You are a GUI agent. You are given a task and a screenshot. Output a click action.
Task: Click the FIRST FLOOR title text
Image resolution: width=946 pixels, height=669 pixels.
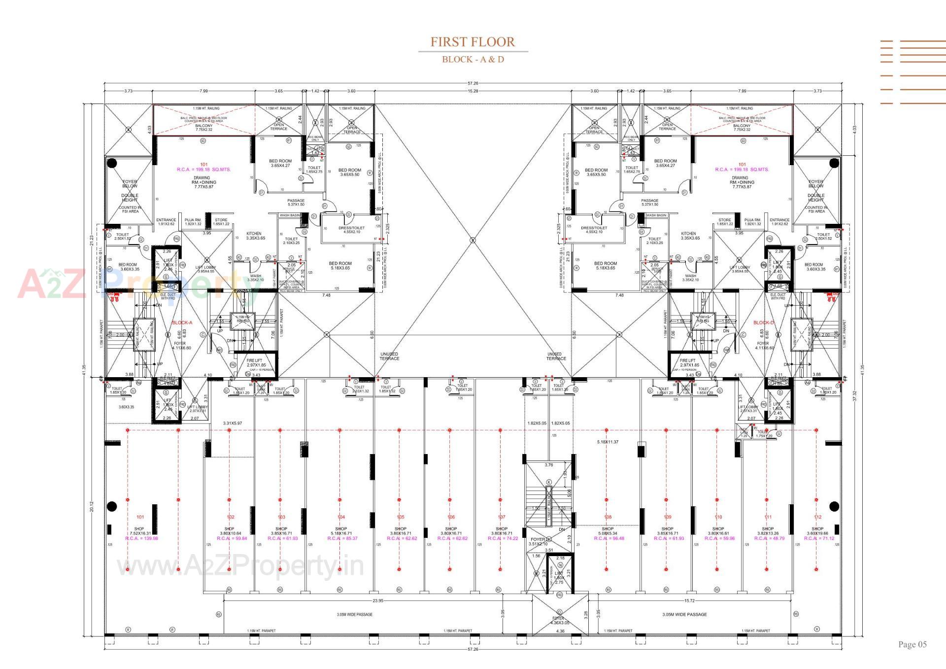coord(473,42)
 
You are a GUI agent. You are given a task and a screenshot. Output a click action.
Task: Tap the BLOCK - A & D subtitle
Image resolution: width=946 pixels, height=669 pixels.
coord(473,60)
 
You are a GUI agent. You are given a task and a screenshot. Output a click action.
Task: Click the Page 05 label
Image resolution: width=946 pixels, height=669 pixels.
coord(912,644)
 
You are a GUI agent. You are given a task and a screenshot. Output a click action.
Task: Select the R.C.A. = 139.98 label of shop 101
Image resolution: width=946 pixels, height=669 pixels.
coord(141,538)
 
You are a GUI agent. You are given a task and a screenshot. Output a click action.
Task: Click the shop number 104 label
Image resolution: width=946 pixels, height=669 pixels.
coord(341,517)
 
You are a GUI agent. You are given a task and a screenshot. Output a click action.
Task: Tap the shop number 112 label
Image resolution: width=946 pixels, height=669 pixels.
coord(818,517)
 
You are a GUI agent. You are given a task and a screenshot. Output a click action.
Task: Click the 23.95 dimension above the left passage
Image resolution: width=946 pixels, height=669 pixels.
coord(378,600)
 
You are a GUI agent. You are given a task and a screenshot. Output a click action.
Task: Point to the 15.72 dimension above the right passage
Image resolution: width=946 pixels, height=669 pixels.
coord(689,600)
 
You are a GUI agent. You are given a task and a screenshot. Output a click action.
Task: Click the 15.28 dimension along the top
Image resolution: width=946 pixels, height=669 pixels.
coord(473,91)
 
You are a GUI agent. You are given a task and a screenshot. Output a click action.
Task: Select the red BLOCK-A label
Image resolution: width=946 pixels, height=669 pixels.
coord(182,323)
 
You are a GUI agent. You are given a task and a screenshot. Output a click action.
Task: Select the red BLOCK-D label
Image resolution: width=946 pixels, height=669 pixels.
coord(764,323)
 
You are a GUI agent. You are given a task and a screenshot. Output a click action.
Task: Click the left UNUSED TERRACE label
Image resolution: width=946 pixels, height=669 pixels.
coord(389,356)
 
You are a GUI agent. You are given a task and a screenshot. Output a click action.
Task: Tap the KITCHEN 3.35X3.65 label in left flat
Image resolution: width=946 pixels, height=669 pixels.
coord(254,236)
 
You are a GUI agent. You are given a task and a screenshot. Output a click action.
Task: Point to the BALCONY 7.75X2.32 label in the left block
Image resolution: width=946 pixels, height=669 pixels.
coord(203,128)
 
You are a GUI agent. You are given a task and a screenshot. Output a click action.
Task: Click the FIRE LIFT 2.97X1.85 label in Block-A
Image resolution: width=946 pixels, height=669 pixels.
coord(256,363)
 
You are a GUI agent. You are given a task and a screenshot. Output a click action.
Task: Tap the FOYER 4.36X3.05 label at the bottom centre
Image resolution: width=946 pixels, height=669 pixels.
coord(558,620)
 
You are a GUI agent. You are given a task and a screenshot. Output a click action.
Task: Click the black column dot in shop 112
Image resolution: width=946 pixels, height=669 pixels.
coord(834,506)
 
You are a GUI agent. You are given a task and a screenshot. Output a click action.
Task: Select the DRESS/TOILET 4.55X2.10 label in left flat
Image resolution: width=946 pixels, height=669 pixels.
coord(351,230)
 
